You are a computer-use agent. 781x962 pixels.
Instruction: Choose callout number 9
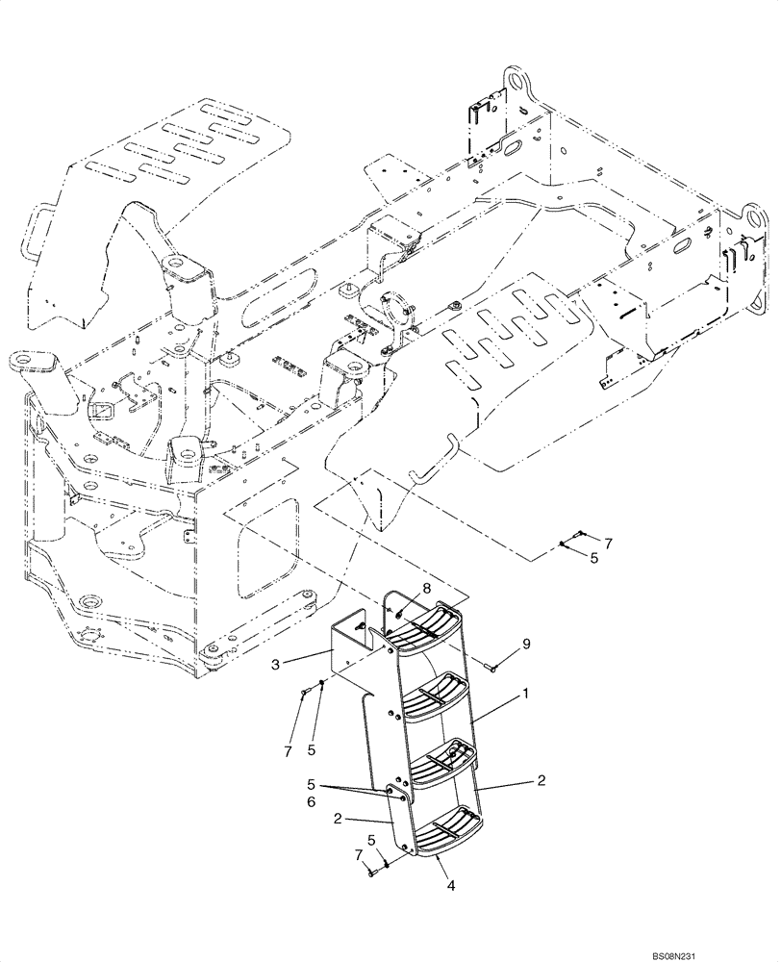(x=525, y=642)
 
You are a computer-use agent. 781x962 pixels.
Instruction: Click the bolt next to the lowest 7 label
(x=371, y=872)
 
